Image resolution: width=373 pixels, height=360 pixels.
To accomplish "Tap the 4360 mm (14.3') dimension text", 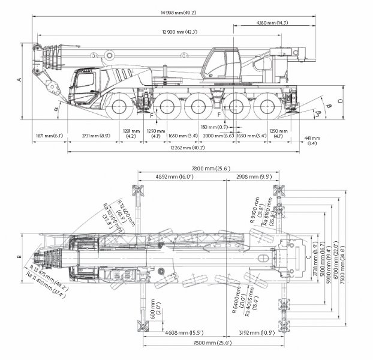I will click(273, 22).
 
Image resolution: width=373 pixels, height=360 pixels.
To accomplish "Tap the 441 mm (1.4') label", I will click(312, 141).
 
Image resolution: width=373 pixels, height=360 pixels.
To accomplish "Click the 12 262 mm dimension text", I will click(172, 148).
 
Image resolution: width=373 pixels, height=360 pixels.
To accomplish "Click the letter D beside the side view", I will click(339, 100).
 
